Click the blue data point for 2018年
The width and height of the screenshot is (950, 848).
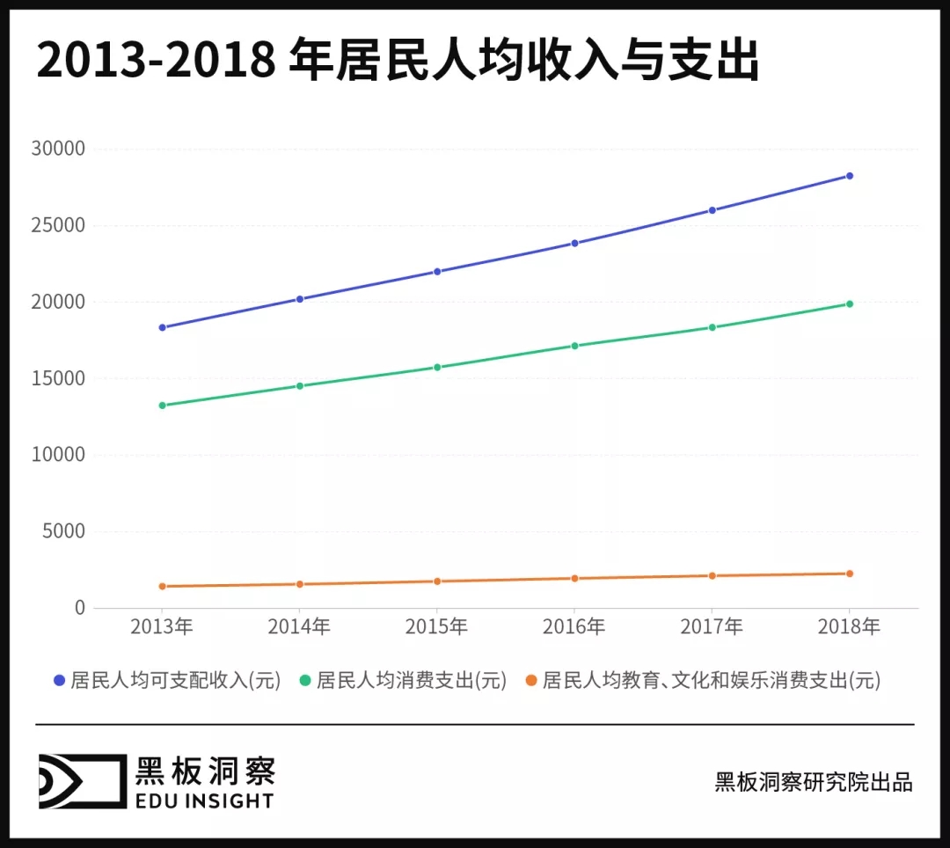tap(849, 176)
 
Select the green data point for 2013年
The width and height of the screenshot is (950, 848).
tap(162, 406)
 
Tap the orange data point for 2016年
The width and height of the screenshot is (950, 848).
tap(574, 579)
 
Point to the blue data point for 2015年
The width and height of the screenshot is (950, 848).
tap(437, 271)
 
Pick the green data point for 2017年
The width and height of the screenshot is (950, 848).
tap(712, 327)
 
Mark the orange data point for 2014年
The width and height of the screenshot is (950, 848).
tap(300, 584)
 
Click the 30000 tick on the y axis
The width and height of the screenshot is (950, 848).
tap(60, 149)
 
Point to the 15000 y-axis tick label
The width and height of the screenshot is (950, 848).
tap(60, 378)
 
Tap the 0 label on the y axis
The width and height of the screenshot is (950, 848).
tap(80, 608)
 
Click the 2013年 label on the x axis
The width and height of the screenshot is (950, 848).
tap(162, 627)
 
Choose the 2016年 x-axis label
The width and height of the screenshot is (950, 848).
tap(574, 627)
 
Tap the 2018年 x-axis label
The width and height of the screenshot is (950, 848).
tap(849, 627)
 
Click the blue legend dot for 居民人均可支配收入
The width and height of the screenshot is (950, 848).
tap(60, 681)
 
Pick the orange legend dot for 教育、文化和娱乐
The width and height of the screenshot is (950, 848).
tap(531, 681)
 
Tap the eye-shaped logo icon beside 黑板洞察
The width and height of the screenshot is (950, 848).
tap(81, 781)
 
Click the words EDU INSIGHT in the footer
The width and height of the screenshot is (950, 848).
tap(204, 800)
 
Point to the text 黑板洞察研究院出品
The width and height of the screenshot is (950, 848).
tap(814, 782)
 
